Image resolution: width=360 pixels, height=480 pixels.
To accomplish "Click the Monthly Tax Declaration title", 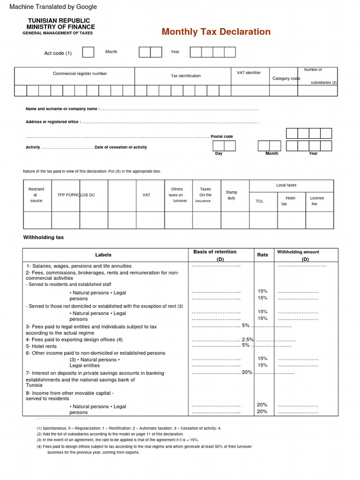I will (216, 32).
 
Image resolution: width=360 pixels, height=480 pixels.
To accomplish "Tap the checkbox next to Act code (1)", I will (88, 52).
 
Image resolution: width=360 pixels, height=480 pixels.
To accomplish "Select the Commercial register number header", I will (80, 74).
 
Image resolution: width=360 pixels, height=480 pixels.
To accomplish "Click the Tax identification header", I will (186, 76).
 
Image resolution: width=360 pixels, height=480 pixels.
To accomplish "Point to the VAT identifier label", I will (249, 73).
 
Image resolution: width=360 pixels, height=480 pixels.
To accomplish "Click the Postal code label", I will (222, 136).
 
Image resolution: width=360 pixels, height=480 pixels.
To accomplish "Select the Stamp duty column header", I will (232, 195).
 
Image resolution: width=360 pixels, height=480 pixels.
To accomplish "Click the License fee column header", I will (317, 201).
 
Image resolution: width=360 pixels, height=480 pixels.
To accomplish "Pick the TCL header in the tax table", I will (260, 201).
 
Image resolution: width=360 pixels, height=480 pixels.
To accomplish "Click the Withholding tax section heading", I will (44, 238).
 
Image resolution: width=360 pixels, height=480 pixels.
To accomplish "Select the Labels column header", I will (103, 255).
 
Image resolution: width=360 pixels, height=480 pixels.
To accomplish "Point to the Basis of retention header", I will (215, 252).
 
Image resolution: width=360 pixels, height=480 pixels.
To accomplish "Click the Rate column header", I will (262, 255).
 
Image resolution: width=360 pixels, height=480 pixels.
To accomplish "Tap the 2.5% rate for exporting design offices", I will (247, 339).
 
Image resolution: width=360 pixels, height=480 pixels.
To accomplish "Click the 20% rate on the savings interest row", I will (247, 372).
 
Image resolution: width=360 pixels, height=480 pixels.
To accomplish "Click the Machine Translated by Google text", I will (53, 7).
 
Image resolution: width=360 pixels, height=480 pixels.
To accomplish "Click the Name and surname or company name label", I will (62, 109).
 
